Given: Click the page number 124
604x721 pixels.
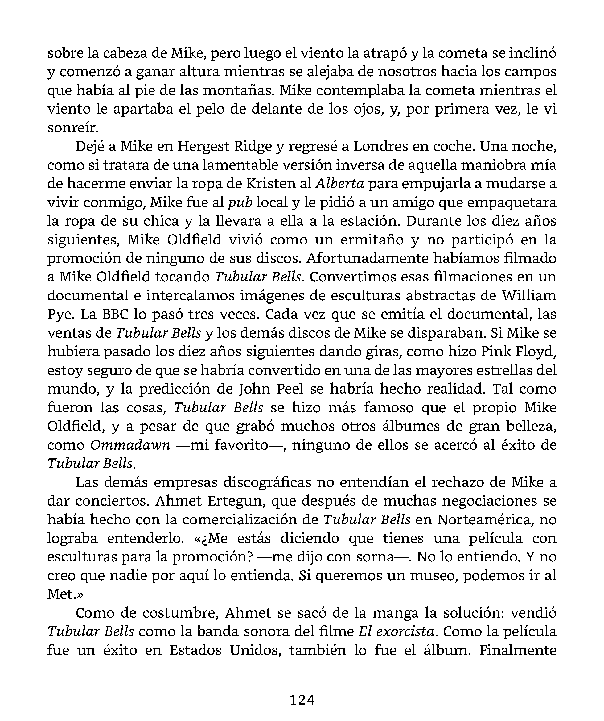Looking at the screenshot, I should [302, 700].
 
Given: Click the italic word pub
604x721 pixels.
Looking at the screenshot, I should [240, 202].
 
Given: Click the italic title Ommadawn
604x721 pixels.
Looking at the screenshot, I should [130, 445].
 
